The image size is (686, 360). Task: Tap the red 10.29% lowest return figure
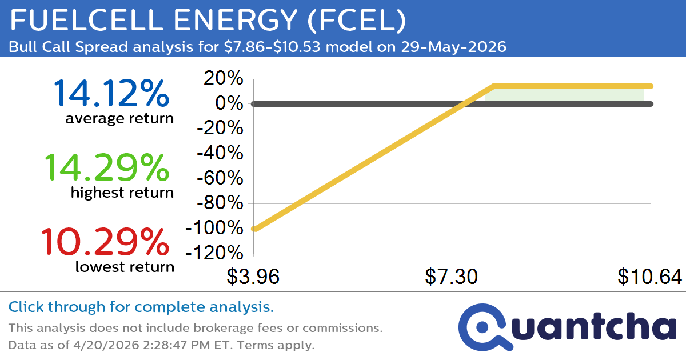coord(105,242)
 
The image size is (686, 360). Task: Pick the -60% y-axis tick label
coord(220,179)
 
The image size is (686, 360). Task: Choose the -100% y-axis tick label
coord(215,229)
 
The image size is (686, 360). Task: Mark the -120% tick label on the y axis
coord(215,253)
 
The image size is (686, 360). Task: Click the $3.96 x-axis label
coord(253,277)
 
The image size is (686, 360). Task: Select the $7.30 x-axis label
coord(452,277)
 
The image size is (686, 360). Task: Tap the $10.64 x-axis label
coord(649,277)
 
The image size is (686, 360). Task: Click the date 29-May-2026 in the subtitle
coord(449,47)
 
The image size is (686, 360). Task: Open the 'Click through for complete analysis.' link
coord(141,307)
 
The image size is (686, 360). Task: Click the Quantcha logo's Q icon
coord(484,327)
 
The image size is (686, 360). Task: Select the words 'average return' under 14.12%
coord(119,119)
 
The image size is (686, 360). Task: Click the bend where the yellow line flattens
coord(493,86)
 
